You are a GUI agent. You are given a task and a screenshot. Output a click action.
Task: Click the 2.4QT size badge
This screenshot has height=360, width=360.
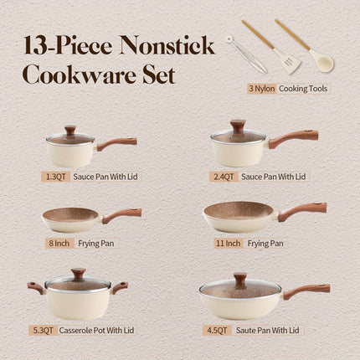(221, 177)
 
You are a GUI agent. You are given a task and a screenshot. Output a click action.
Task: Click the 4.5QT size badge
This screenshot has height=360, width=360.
(221, 330)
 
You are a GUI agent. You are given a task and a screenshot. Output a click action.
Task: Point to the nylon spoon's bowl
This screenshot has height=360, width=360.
(323, 62)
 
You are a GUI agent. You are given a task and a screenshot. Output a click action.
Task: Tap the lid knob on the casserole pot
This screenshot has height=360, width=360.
(78, 273)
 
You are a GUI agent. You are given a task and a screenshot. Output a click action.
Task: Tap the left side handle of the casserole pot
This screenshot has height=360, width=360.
(35, 288)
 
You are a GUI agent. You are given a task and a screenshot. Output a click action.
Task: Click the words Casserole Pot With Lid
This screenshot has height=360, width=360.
(115, 330)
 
